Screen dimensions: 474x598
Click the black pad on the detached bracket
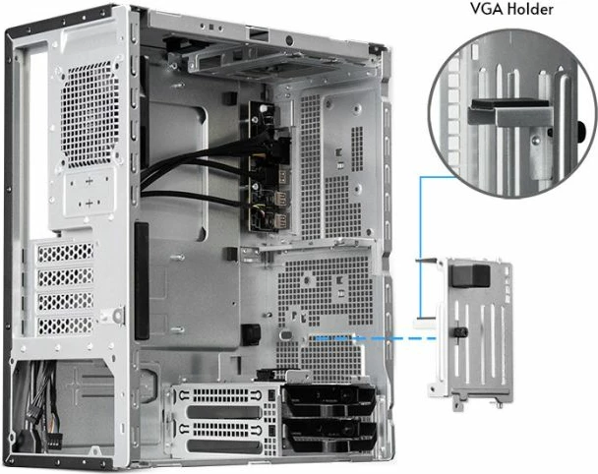coord(471,272)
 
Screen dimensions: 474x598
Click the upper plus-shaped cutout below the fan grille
coord(90,182)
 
